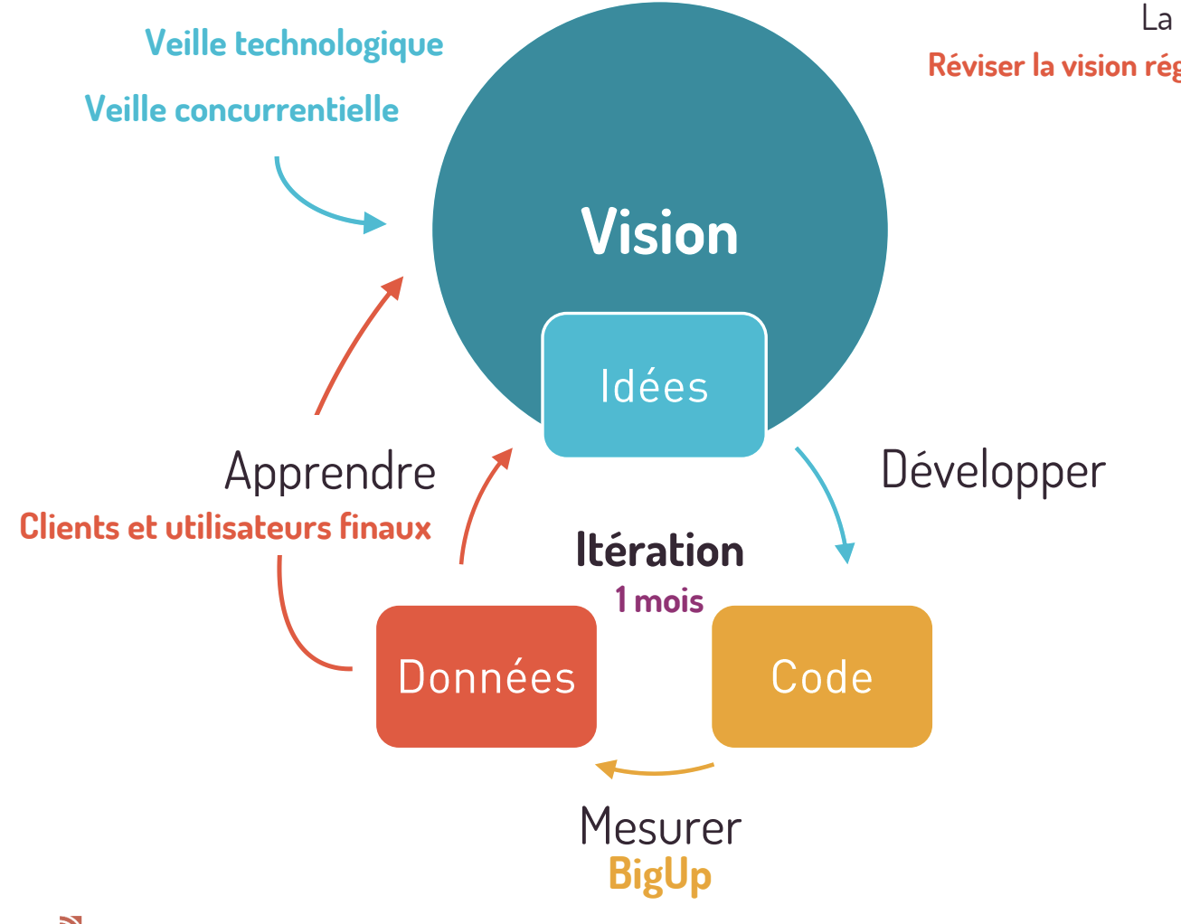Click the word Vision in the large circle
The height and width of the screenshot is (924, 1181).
click(659, 233)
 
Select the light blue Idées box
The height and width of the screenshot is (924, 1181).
click(654, 386)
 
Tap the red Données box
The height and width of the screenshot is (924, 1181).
click(487, 676)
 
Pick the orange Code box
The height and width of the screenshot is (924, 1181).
click(822, 676)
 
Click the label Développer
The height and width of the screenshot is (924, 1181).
click(993, 471)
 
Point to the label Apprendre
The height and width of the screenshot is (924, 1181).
click(330, 473)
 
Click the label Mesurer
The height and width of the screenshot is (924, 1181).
click(660, 826)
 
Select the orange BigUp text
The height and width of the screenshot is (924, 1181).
click(660, 875)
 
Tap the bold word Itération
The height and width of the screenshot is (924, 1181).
click(659, 551)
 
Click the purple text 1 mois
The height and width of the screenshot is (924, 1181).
click(659, 599)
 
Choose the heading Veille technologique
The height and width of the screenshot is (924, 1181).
click(294, 43)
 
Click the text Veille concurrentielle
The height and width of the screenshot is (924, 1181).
click(241, 109)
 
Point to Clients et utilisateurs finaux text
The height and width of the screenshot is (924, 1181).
click(225, 527)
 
